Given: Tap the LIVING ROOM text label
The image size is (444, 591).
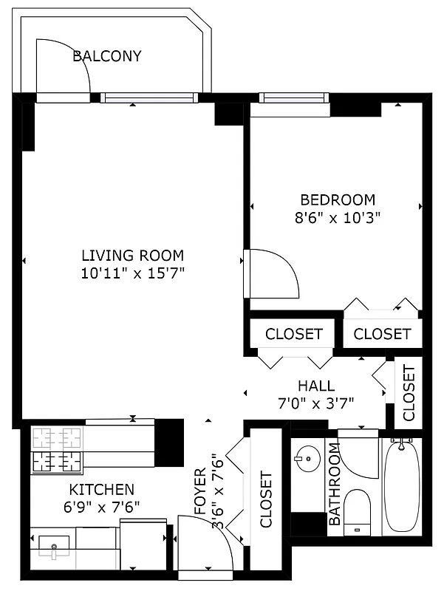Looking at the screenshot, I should (132, 256).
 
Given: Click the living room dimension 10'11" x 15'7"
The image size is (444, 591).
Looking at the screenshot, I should (132, 273).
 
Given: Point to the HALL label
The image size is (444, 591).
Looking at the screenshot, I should (316, 386).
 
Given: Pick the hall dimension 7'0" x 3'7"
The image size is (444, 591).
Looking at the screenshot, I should (316, 403).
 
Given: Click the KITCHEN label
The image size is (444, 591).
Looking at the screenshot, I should (101, 489).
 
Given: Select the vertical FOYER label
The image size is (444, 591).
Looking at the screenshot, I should (200, 491).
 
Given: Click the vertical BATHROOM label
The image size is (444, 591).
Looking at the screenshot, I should (334, 485).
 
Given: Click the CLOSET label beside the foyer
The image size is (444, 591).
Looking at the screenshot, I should (266, 499).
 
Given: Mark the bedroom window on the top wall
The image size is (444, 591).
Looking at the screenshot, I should (293, 98).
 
